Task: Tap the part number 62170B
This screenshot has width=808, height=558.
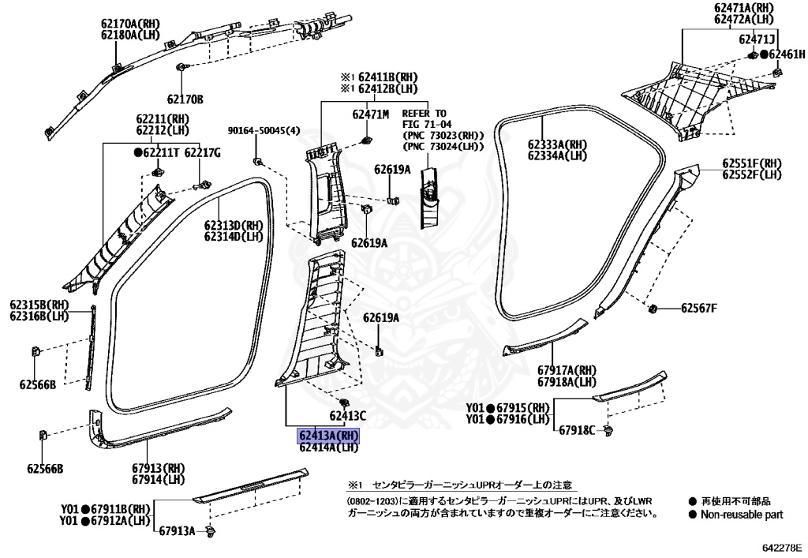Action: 185,99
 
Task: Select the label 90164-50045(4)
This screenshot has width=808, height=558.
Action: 264,131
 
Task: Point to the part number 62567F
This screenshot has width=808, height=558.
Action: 699,308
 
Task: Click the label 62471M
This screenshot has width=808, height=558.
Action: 370,114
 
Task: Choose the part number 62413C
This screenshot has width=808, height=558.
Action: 348,415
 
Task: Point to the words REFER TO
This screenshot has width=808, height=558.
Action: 425,114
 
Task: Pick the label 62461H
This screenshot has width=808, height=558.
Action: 787,54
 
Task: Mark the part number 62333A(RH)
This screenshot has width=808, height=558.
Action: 558,144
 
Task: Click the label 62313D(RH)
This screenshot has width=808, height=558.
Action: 234,225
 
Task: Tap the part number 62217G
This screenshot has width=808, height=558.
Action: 202,152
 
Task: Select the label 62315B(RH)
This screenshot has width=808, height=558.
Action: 39,305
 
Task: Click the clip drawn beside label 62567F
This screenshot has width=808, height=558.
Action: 653,308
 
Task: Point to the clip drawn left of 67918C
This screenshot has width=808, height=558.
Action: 608,430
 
